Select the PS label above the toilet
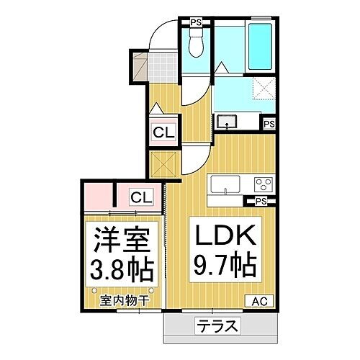pyautogui.click(x=196, y=22)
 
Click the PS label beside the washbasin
pyautogui.click(x=269, y=125)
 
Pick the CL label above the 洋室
pyautogui.click(x=142, y=195)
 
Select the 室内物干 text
pyautogui.click(x=124, y=300)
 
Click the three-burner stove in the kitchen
pyautogui.click(x=262, y=182)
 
